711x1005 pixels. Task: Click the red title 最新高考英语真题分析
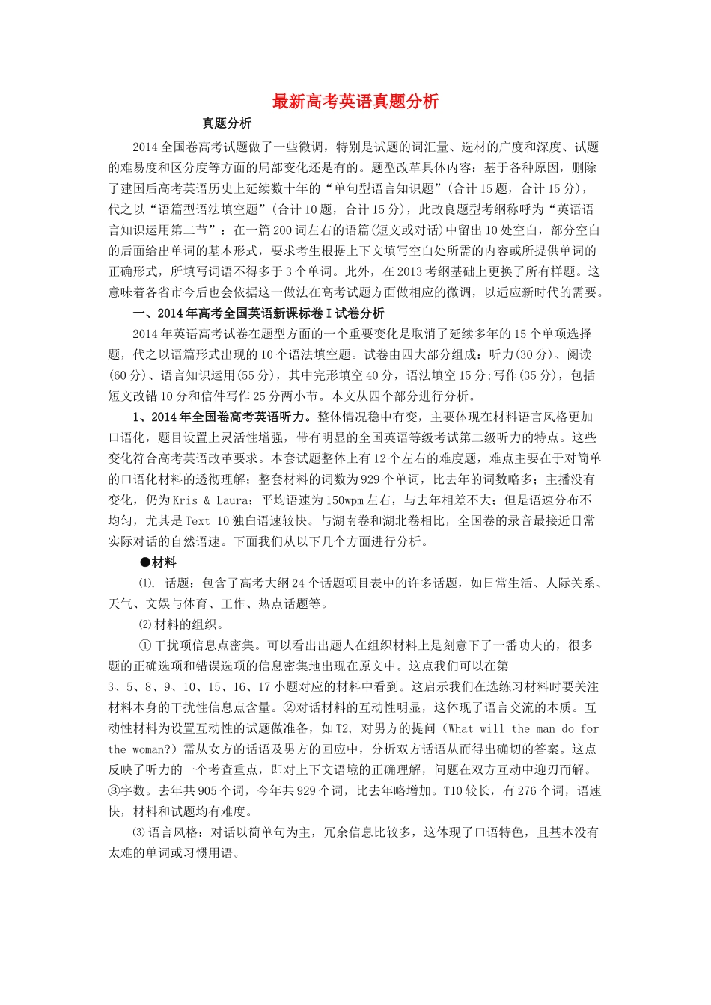click(x=355, y=102)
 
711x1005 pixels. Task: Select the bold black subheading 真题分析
click(x=227, y=123)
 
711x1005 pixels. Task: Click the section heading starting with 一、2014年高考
click(x=258, y=313)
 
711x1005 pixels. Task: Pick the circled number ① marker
click(x=145, y=645)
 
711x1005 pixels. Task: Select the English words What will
click(x=476, y=728)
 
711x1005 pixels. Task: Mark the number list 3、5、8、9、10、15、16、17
click(x=189, y=687)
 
